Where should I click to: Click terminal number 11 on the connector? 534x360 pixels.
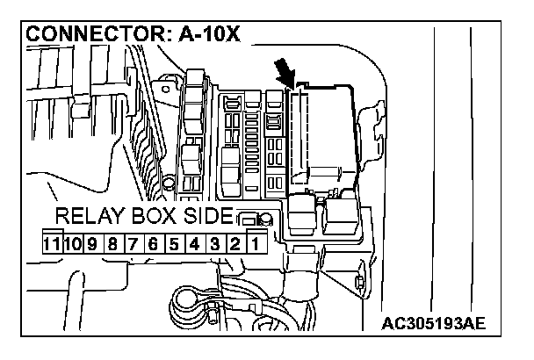[x=54, y=241]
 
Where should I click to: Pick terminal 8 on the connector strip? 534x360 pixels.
[x=112, y=241]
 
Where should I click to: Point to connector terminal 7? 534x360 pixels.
[x=132, y=241]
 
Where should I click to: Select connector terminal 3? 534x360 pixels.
[x=213, y=241]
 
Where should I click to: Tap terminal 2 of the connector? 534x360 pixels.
[x=234, y=241]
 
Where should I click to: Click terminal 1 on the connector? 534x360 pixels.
[x=254, y=241]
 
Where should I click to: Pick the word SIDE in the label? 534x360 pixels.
[x=212, y=217]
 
